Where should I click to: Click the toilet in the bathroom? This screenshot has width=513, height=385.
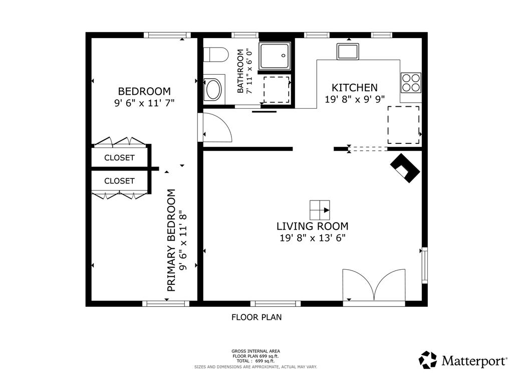click(x=215, y=54)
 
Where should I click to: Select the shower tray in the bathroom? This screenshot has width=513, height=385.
click(x=275, y=56)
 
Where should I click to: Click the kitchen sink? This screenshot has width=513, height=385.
click(x=348, y=52)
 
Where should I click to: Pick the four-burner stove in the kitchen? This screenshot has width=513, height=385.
click(x=411, y=83)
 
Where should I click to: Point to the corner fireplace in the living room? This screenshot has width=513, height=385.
click(x=405, y=168)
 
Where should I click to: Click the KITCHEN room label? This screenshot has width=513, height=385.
click(x=355, y=88)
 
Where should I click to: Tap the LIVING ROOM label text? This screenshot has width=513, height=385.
click(x=313, y=226)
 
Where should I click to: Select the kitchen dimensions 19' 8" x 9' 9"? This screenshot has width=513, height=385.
click(x=355, y=99)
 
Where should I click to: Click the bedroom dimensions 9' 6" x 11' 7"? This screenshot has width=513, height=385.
click(x=144, y=103)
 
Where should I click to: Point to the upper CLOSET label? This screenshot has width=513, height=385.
click(x=119, y=158)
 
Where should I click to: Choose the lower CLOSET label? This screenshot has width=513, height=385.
click(x=119, y=181)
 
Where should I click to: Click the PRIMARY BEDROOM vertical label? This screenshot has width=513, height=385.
click(x=171, y=240)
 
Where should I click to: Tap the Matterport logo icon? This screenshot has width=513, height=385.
click(x=428, y=360)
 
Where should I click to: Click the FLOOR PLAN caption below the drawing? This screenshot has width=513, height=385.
click(x=256, y=317)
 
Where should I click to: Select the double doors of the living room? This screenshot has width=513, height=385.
click(x=374, y=285)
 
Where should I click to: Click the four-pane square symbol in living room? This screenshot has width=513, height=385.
click(x=320, y=210)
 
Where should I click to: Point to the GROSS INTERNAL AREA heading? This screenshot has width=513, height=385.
click(x=256, y=351)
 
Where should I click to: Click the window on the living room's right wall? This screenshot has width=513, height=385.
click(x=424, y=265)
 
